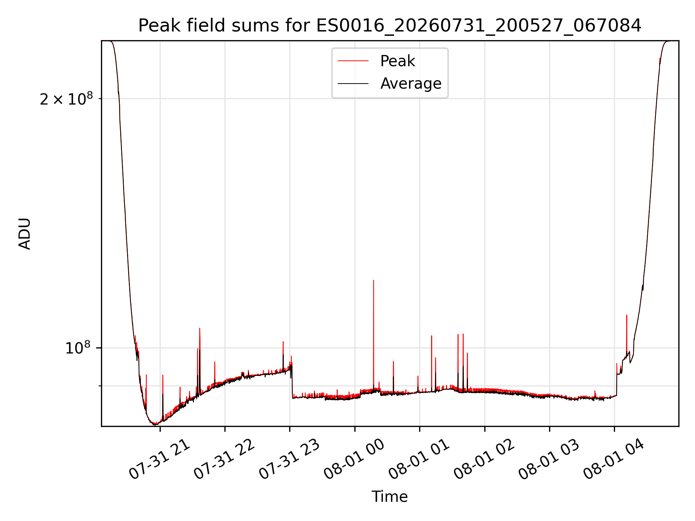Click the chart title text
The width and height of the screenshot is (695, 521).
(390, 26)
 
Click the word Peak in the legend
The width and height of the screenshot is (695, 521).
(397, 61)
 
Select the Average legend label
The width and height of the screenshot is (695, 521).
(411, 84)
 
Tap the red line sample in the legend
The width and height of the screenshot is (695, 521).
(353, 61)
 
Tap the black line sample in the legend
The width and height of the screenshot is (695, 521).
(353, 84)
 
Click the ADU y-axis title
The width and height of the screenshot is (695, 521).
(25, 234)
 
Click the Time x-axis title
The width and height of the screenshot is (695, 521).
(390, 497)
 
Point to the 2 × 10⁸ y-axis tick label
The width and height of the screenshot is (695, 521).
(66, 98)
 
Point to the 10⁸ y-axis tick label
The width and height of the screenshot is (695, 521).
(78, 348)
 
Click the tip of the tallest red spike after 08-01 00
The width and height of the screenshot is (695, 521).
(374, 280)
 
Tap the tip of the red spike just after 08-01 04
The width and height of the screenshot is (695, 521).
(627, 315)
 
